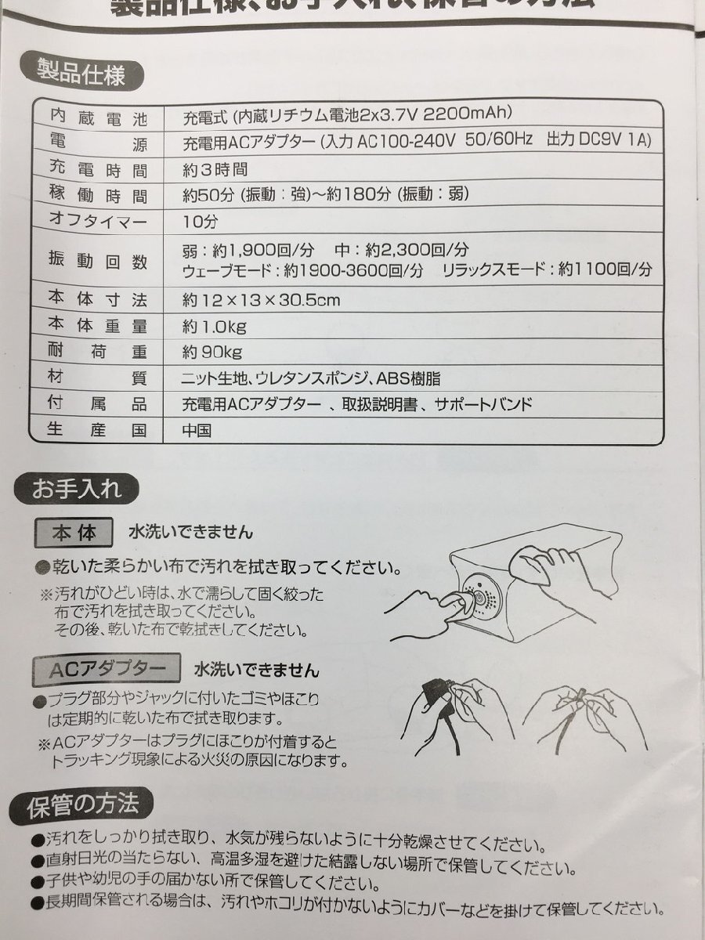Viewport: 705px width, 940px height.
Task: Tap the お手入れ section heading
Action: [77, 491]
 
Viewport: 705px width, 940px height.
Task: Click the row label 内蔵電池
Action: [98, 119]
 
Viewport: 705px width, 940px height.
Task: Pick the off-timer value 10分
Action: [198, 222]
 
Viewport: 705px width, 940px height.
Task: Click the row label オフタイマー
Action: [98, 222]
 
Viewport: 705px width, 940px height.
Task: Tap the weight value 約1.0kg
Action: [214, 326]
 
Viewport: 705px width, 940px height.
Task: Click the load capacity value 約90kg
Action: [211, 352]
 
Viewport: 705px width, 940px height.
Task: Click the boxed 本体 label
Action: [74, 533]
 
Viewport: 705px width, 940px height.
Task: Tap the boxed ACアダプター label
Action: [101, 670]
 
